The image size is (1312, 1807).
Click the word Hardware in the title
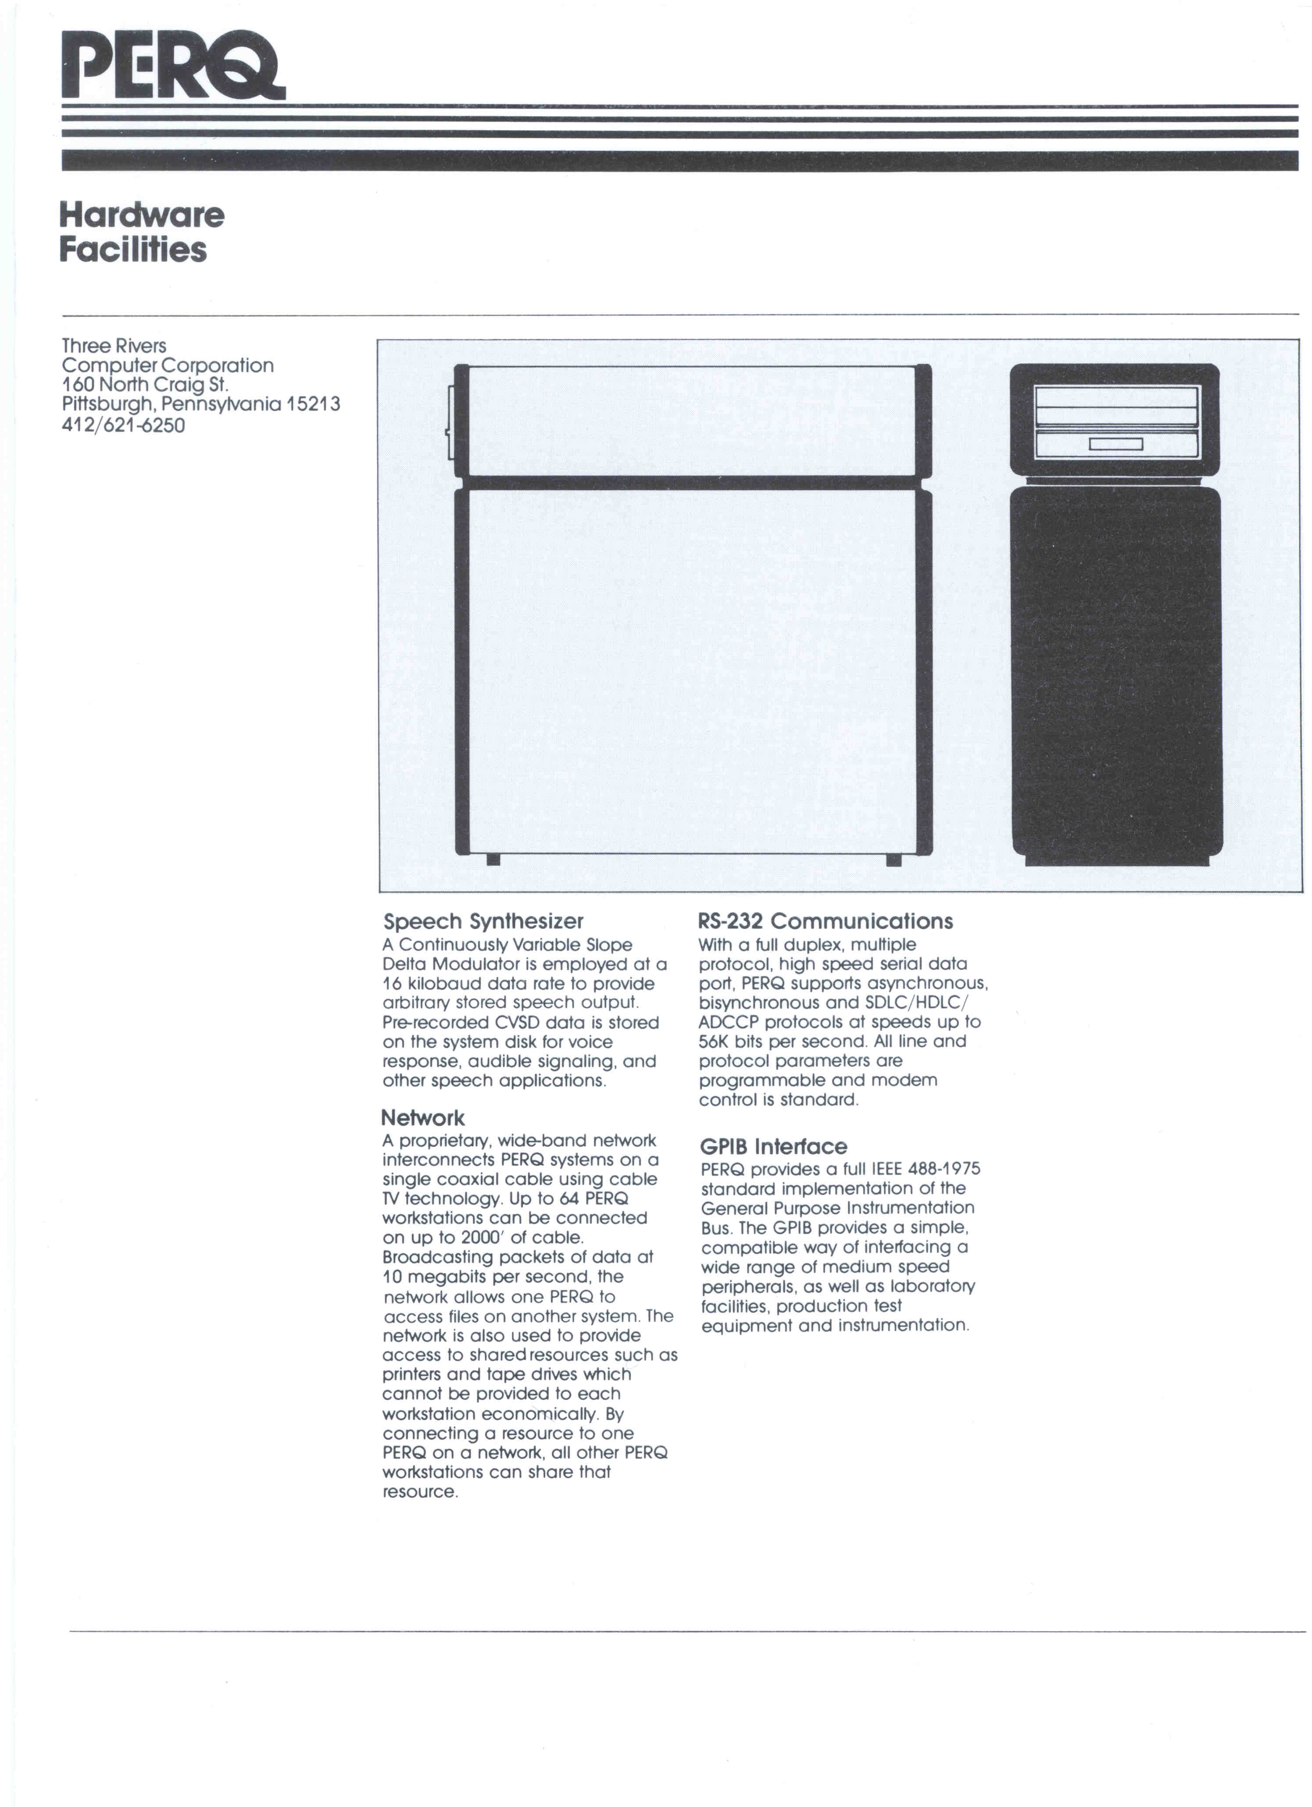click(x=142, y=215)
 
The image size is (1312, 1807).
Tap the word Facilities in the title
click(x=132, y=249)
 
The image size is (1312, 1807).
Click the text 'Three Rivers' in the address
click(x=114, y=346)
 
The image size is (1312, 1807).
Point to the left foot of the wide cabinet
click(x=493, y=860)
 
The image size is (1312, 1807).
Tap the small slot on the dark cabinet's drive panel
click(x=1115, y=444)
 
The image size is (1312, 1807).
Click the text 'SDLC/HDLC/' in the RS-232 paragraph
click(x=916, y=1002)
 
